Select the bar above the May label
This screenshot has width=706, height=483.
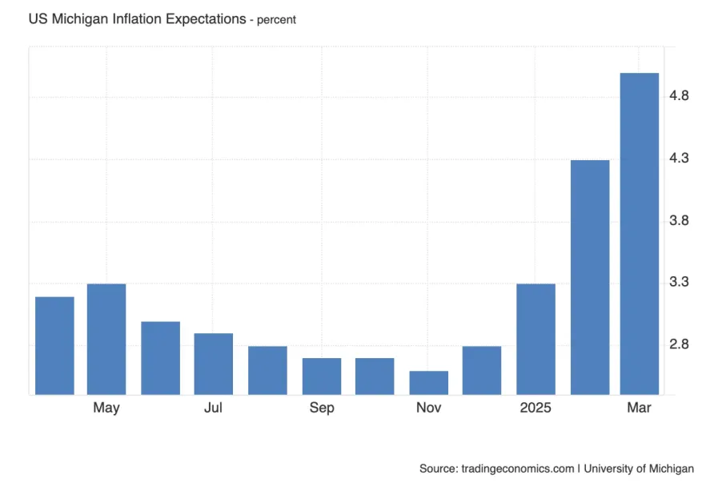point(106,338)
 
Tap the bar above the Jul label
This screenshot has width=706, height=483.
point(213,363)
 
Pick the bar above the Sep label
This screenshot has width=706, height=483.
point(322,376)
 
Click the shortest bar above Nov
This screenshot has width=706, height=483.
point(428,382)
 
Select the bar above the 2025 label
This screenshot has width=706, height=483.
point(536,338)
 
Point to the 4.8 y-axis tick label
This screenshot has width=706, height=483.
point(679,96)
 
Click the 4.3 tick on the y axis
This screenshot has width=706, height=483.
point(679,159)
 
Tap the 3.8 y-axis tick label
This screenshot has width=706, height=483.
point(679,220)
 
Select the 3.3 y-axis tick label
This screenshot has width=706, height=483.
point(679,282)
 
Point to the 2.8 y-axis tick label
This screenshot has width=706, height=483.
point(679,344)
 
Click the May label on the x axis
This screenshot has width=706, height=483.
point(106,409)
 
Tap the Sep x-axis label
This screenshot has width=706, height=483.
point(322,409)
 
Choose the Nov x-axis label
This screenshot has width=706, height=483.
point(428,409)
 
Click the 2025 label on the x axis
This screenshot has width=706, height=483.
point(536,409)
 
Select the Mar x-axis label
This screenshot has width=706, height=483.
point(640,409)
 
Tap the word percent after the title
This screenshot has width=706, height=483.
point(276,19)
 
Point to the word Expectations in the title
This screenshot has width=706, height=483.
point(205,18)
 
